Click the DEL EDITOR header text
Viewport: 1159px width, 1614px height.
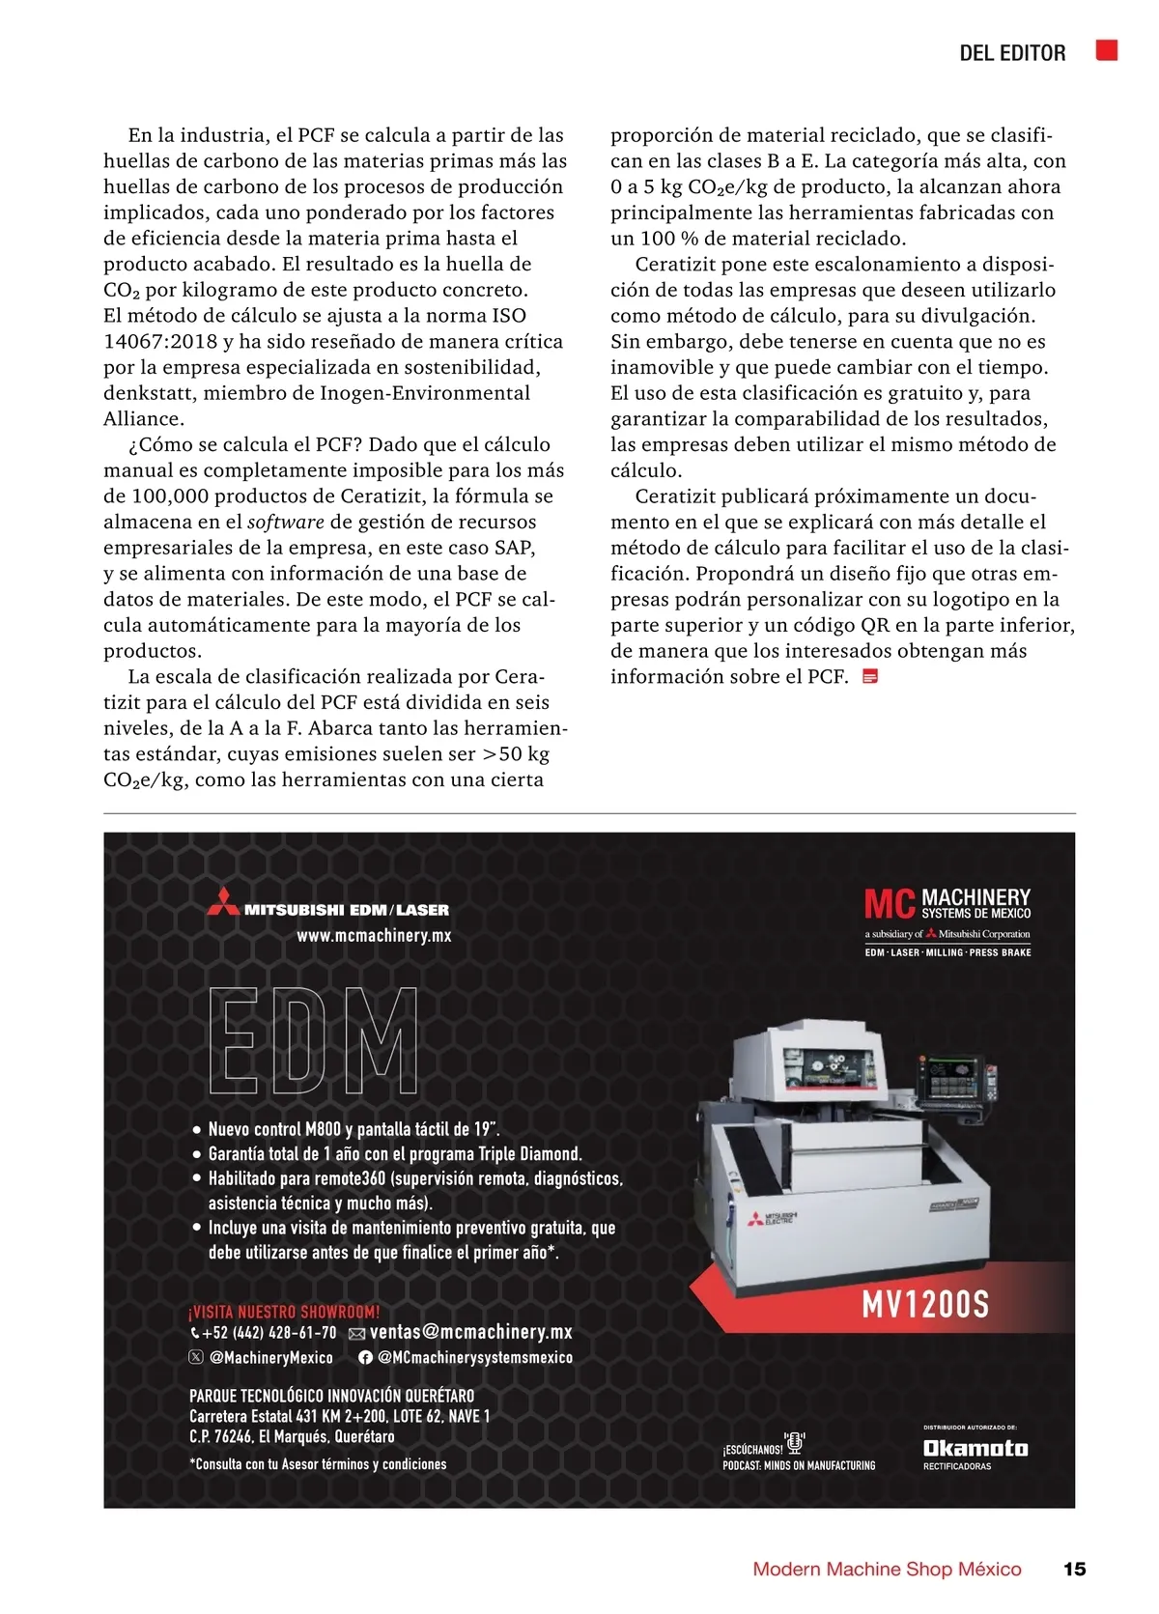click(1012, 53)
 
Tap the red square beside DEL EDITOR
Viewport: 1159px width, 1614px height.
click(1107, 50)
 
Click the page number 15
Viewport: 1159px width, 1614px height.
click(1074, 1569)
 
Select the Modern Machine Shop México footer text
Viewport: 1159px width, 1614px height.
click(887, 1569)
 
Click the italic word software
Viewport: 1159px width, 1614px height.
click(286, 522)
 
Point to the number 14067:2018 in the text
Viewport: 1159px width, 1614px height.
click(160, 341)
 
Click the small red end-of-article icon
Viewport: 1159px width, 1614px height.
click(870, 676)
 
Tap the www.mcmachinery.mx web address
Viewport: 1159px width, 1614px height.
click(374, 935)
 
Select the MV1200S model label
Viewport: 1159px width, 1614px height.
click(925, 1305)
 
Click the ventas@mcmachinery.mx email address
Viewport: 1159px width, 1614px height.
click(470, 1332)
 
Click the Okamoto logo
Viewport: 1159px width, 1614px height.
click(975, 1448)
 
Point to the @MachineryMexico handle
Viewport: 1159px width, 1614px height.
click(270, 1357)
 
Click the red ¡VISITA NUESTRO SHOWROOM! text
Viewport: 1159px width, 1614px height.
click(284, 1312)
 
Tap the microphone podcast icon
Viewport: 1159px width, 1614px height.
click(795, 1443)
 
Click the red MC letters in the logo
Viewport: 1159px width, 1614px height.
click(890, 905)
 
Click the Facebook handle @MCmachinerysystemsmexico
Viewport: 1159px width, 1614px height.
click(474, 1357)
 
